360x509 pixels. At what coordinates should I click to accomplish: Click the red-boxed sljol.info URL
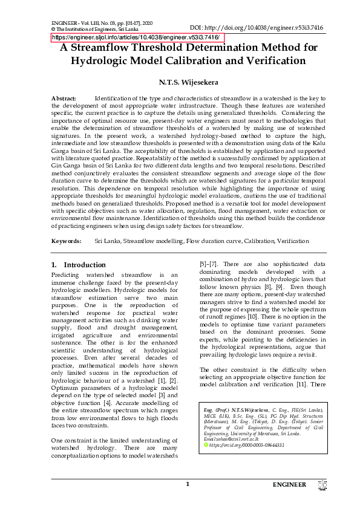(137, 37)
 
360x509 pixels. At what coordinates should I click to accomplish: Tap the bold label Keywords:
(67, 241)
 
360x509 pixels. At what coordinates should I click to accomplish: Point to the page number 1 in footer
(188, 484)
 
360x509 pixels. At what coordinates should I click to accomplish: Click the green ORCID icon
(206, 444)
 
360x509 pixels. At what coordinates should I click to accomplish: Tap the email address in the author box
(233, 439)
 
